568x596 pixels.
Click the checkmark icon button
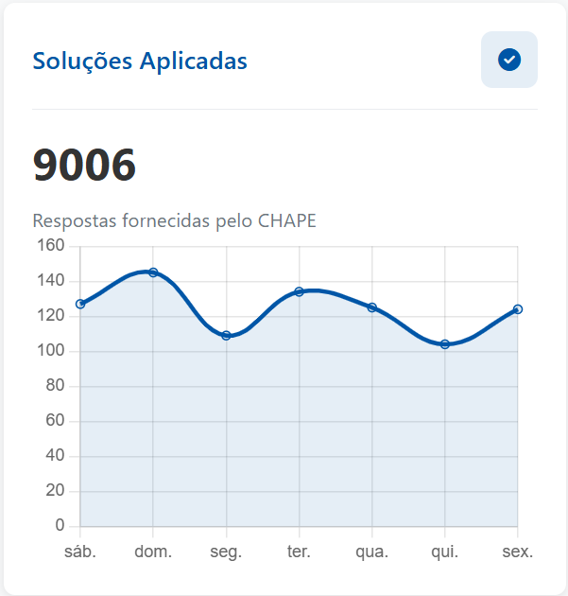click(x=509, y=60)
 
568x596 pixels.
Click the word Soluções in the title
click(x=82, y=61)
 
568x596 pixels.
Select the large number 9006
click(x=84, y=166)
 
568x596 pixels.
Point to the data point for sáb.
click(x=80, y=304)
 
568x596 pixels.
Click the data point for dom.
click(x=153, y=272)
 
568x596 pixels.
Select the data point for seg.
click(x=226, y=335)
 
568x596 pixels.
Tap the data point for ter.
click(x=299, y=291)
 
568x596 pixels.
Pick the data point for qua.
click(x=371, y=307)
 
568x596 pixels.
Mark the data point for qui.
click(x=444, y=344)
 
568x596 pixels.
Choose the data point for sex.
click(x=518, y=309)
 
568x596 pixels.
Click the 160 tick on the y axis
click(x=50, y=246)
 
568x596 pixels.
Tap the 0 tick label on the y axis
click(x=60, y=526)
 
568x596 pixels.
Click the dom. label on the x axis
click(x=153, y=552)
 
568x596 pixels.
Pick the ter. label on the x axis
click(x=299, y=552)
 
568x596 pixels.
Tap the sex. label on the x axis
click(x=517, y=552)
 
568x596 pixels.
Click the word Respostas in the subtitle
click(x=75, y=220)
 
